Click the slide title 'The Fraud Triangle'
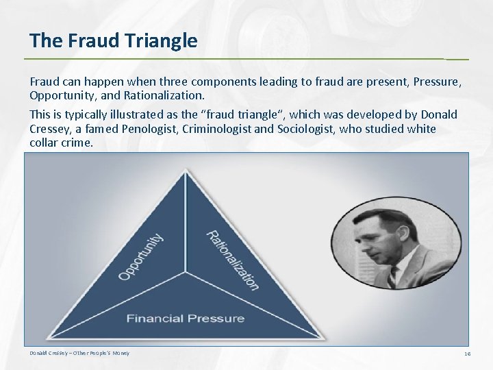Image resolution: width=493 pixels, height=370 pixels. tap(114, 41)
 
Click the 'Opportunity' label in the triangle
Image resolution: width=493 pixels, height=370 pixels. tap(141, 256)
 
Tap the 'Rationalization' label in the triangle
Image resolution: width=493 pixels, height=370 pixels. tap(232, 259)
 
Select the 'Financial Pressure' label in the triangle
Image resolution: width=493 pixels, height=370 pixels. tap(185, 318)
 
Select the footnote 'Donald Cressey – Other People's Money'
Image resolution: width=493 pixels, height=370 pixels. tap(79, 353)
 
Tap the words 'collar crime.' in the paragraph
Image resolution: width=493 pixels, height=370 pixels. tap(61, 143)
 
